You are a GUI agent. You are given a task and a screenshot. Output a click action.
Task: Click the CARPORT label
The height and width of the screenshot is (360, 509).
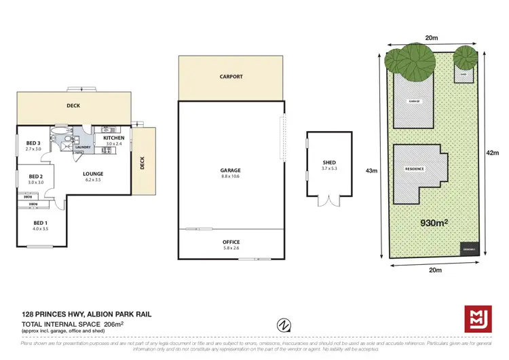(x=231, y=77)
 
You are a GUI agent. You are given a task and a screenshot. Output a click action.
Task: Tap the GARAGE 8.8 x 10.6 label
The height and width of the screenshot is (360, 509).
(x=231, y=173)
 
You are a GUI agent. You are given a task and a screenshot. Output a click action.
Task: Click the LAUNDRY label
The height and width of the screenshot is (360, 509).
(x=83, y=146)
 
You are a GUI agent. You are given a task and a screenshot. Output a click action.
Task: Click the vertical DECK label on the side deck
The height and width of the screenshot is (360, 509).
(x=142, y=162)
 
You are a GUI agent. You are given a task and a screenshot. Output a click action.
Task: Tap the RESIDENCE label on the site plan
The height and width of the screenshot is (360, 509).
(x=415, y=168)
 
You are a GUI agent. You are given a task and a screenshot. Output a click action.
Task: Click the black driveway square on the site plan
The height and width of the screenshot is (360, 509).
(x=469, y=249)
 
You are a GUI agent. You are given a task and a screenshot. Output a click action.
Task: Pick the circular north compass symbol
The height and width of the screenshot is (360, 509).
(x=284, y=325)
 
